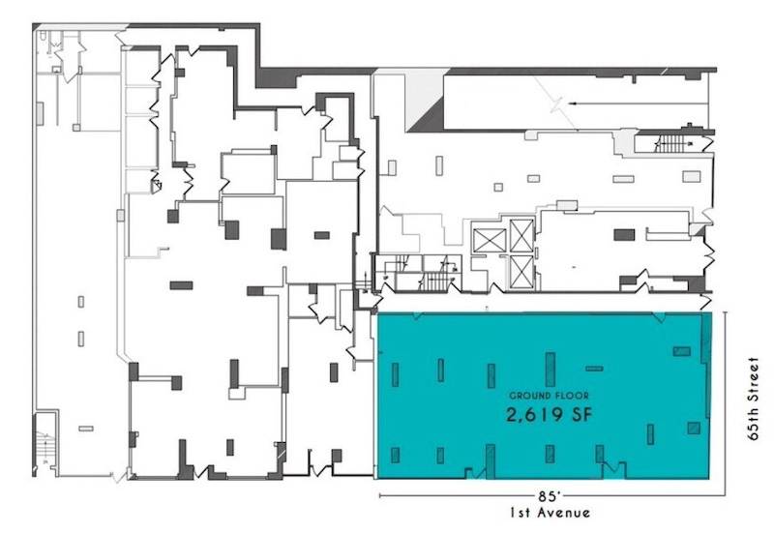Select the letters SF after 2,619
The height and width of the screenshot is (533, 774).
click(581, 415)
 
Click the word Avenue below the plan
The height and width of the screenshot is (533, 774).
click(565, 514)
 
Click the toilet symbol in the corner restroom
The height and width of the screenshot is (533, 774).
click(44, 36)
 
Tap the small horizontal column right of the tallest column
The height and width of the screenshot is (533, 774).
click(594, 369)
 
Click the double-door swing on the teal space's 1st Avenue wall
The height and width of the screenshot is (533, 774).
click(613, 469)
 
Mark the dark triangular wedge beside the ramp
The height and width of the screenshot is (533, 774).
click(425, 113)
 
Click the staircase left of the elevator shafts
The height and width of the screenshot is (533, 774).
click(435, 281)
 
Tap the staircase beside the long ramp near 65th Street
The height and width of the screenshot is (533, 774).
click(670, 144)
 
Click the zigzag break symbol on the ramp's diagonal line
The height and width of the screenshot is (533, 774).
click(557, 105)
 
